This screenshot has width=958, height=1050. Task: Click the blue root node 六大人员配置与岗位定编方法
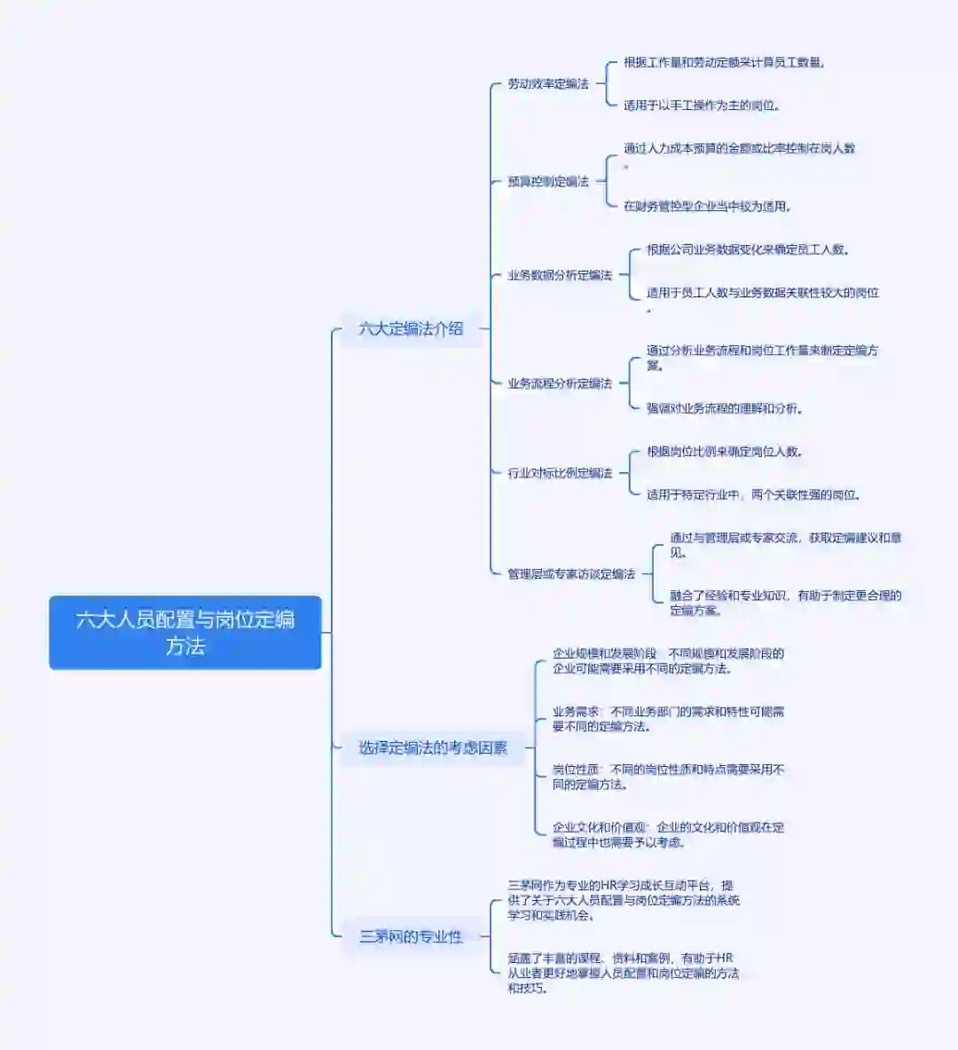tap(185, 632)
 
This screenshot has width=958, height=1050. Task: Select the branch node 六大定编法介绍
tap(411, 328)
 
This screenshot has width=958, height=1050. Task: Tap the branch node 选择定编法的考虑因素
tap(433, 748)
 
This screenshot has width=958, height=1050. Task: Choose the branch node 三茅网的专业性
tap(411, 936)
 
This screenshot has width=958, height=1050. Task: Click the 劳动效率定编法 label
tap(547, 83)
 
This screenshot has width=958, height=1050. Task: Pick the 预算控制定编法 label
tap(547, 181)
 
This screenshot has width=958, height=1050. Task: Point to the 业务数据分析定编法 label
tap(559, 275)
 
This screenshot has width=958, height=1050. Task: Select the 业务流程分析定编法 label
tap(559, 383)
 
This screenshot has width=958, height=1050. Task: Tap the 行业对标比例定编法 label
tap(559, 473)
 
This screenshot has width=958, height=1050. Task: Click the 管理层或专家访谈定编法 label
tap(570, 574)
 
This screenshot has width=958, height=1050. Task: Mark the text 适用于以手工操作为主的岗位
tap(701, 106)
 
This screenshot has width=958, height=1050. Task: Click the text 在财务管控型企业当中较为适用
tap(707, 206)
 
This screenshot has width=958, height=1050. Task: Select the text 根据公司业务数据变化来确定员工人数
tap(748, 249)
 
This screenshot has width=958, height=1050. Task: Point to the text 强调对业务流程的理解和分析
tap(725, 408)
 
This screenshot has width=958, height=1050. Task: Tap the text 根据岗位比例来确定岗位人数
tap(725, 451)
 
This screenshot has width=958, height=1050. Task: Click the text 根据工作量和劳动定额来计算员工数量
tap(725, 62)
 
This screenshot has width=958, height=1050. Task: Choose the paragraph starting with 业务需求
tap(668, 719)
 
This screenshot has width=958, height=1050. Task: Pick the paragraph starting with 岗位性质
tap(668, 777)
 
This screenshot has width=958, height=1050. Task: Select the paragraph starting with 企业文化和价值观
tap(668, 834)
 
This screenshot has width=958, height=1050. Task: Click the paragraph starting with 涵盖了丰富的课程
tap(623, 973)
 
